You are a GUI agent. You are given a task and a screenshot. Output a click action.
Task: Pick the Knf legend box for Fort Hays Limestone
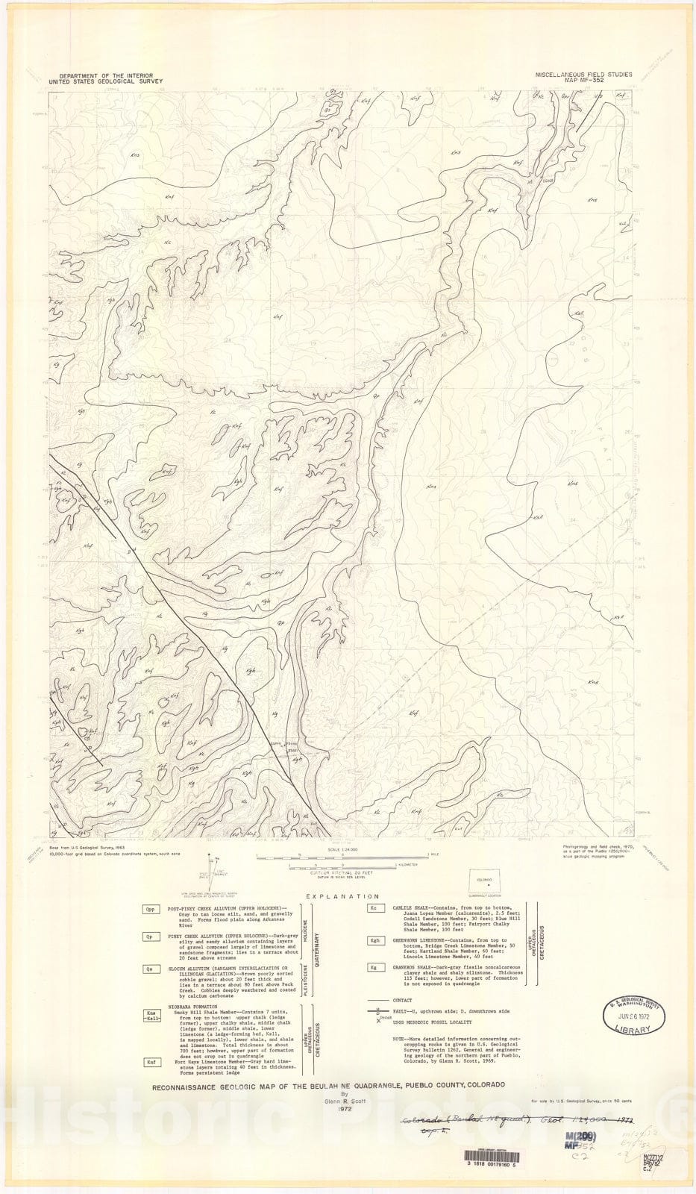(151, 1062)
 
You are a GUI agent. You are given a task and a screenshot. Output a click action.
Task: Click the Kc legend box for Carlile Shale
(373, 909)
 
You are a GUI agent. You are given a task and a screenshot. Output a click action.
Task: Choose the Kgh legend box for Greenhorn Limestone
(373, 940)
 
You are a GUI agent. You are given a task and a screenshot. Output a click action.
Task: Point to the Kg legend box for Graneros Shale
(373, 967)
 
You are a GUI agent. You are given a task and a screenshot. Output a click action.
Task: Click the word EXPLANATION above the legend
(342, 896)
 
